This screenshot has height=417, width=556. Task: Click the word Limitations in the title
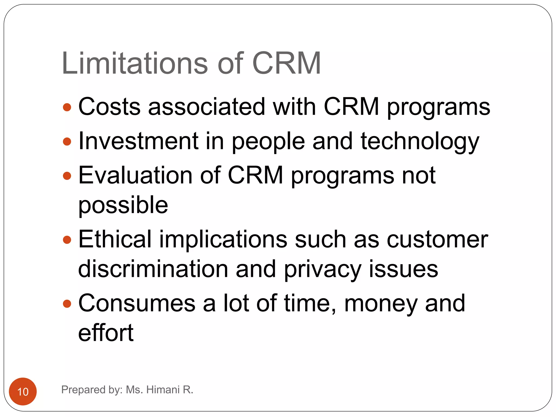pos(135,63)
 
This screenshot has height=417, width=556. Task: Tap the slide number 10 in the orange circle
pos(23,392)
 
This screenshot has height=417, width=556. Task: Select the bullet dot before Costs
pos(67,107)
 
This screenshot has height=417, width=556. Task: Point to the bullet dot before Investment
pos(67,141)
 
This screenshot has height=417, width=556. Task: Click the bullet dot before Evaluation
pos(67,176)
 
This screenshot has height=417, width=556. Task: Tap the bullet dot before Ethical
pos(67,240)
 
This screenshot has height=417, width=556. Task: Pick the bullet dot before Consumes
pos(67,304)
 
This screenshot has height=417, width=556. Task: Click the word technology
pos(420,141)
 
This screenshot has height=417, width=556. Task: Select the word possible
pos(123,205)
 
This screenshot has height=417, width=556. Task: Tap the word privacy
pos(323,269)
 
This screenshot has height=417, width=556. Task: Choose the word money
pos(381,304)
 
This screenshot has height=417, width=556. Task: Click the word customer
pos(437,240)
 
